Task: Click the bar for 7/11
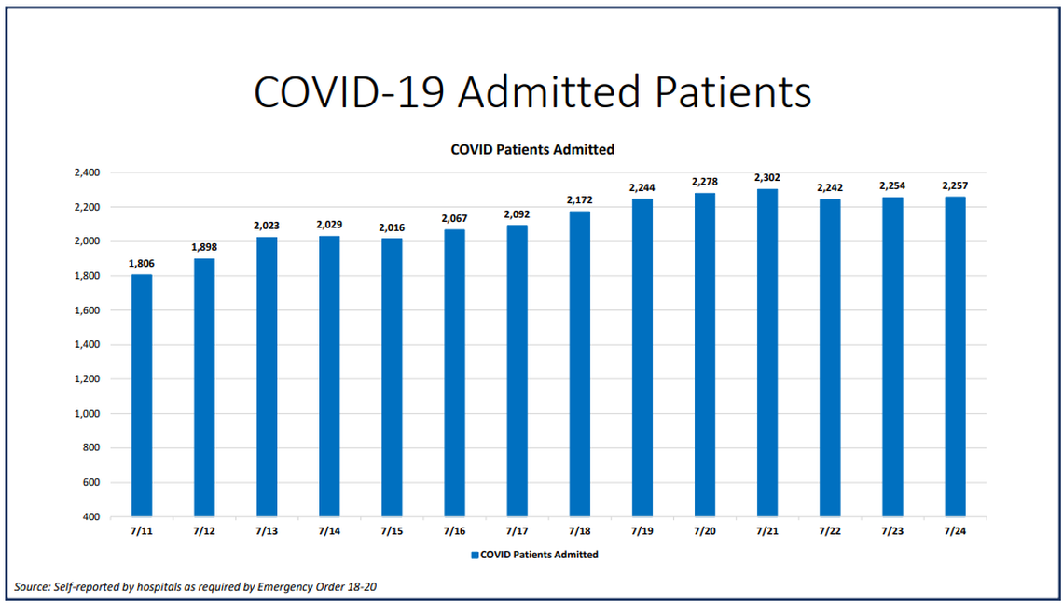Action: [x=142, y=395]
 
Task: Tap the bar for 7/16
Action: [x=454, y=373]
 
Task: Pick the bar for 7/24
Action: [x=955, y=356]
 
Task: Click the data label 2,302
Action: [x=766, y=177]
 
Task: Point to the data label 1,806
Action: [x=142, y=263]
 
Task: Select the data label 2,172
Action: [x=579, y=199]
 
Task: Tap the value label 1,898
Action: [x=204, y=247]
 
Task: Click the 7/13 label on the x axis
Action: [x=267, y=530]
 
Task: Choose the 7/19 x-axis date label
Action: [x=642, y=530]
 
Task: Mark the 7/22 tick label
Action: [x=829, y=530]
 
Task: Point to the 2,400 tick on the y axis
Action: [x=86, y=172]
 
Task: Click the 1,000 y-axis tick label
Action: [x=86, y=414]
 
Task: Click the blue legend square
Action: [x=475, y=555]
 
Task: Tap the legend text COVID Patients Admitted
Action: [x=539, y=555]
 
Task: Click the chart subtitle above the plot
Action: [x=531, y=149]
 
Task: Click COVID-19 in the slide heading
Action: [x=349, y=92]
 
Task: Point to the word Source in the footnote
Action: [x=34, y=587]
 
